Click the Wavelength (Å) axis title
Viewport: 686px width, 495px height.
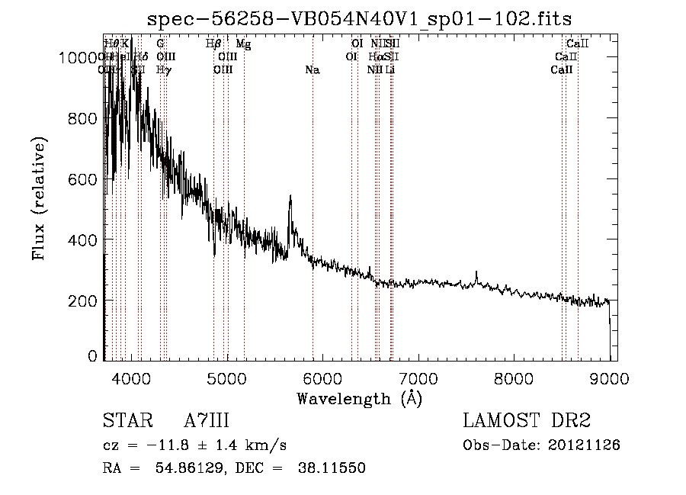[359, 398]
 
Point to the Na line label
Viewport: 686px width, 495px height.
[312, 70]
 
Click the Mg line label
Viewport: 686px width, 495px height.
[243, 44]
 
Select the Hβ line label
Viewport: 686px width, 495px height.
[214, 44]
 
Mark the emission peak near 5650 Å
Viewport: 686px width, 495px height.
[290, 198]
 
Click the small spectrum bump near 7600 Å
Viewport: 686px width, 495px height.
[476, 273]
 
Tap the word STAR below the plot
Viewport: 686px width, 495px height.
[122, 421]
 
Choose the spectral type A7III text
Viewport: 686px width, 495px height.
[207, 421]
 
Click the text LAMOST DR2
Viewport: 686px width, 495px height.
[527, 421]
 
